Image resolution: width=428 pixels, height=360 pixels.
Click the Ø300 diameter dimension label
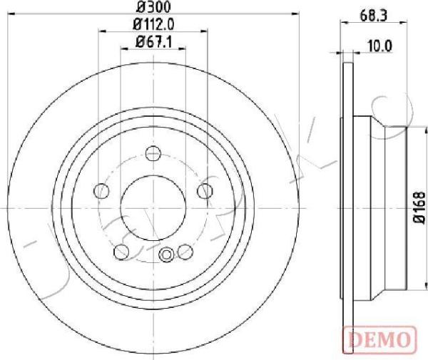pyautogui.click(x=153, y=7)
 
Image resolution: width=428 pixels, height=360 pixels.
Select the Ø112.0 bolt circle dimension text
pyautogui.click(x=153, y=25)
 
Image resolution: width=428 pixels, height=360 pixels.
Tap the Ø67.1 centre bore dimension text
pyautogui.click(x=153, y=42)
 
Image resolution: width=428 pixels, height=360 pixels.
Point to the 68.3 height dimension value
pyautogui.click(x=373, y=16)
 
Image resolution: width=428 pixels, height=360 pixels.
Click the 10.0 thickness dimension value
pyautogui.click(x=379, y=46)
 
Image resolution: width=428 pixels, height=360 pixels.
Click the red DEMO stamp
pyautogui.click(x=379, y=339)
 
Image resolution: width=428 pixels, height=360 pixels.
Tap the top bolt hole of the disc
pyautogui.click(x=153, y=153)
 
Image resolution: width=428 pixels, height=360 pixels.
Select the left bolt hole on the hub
pyautogui.click(x=101, y=191)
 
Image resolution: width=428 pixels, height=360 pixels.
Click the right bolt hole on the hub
pyautogui.click(x=205, y=191)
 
